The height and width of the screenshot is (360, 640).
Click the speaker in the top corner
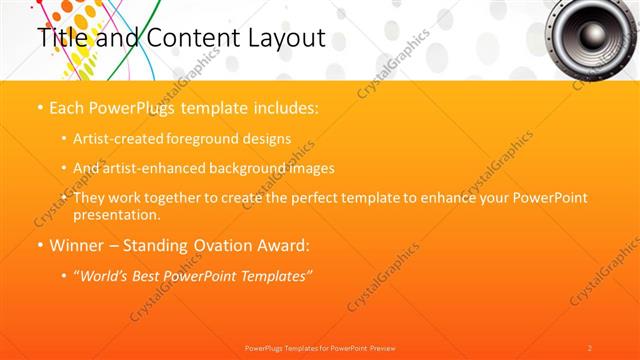593,36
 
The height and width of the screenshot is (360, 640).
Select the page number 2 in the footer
589,347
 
